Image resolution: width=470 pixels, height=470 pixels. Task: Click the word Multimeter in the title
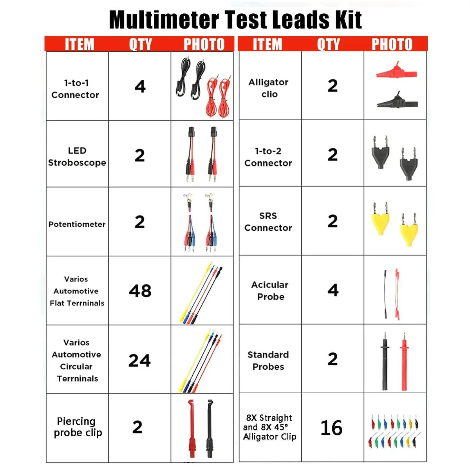point(164,20)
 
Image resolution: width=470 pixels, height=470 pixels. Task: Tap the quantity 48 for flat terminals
point(140,291)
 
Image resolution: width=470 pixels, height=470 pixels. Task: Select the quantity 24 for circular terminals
point(139,361)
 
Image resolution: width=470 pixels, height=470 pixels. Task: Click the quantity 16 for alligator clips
point(331,428)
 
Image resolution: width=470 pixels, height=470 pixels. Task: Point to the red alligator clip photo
point(396,71)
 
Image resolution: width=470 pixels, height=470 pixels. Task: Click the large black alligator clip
point(397,101)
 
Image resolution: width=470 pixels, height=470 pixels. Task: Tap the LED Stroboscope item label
point(77,157)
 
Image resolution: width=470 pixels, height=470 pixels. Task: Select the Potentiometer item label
point(77,224)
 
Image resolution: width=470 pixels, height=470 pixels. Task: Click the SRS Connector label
point(268,222)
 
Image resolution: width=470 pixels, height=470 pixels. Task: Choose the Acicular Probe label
point(270,291)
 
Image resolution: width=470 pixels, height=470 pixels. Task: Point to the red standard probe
point(404,362)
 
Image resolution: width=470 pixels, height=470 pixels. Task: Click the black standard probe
point(385,361)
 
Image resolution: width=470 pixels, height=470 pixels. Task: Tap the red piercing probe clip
point(192,430)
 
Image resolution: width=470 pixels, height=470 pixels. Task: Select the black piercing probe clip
point(210,430)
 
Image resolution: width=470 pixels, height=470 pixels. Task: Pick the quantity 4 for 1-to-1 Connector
point(140,86)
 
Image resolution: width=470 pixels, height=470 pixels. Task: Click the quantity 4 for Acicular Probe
point(333,290)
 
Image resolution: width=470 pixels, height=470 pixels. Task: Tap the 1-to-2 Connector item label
point(268,157)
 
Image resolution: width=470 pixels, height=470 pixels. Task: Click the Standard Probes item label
point(268,361)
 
